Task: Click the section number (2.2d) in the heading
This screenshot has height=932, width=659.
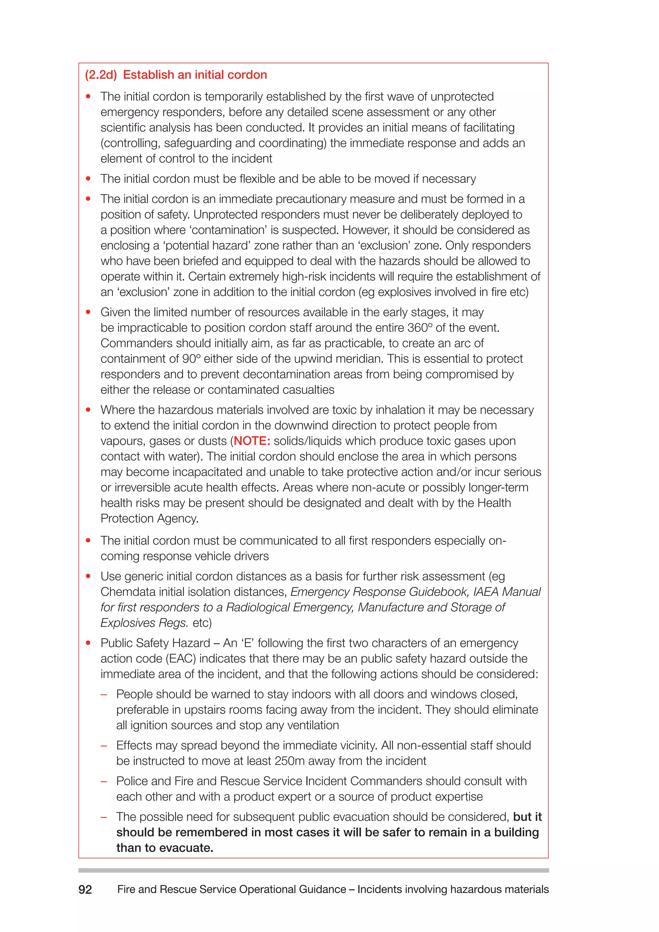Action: [101, 75]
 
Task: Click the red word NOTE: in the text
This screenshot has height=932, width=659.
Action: [252, 441]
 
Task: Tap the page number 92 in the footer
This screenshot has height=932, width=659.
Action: [85, 890]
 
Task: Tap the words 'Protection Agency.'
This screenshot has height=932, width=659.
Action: [149, 518]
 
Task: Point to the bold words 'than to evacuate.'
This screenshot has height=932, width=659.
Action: [165, 848]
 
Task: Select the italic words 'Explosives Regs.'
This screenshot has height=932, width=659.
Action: [144, 623]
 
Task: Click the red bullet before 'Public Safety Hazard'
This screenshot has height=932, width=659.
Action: [88, 643]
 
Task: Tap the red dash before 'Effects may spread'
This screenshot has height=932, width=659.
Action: [104, 746]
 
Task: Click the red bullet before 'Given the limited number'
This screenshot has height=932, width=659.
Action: [88, 312]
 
